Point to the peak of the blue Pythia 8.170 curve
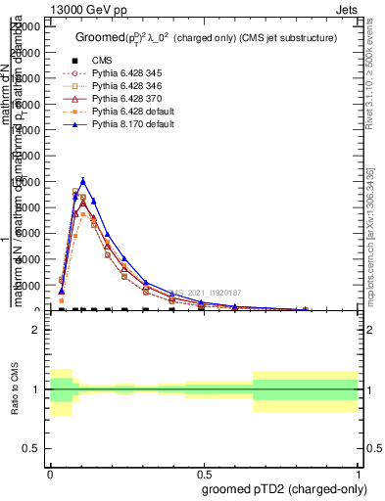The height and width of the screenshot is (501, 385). click(83, 181)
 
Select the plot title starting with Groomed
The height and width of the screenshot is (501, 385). click(206, 37)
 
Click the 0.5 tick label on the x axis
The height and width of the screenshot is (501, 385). click(204, 472)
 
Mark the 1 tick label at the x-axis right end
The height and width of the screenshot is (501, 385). click(358, 472)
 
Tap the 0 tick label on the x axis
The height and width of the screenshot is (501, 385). click(50, 472)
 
